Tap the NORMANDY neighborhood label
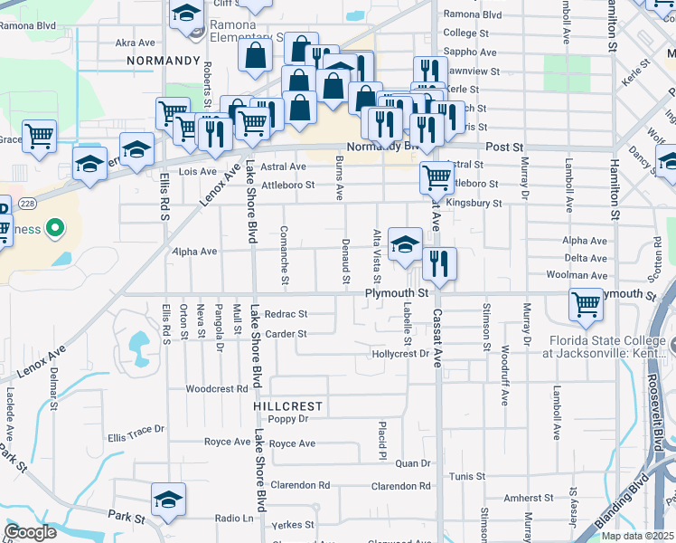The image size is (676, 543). click(x=163, y=60)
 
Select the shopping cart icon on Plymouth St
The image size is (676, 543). click(x=586, y=305)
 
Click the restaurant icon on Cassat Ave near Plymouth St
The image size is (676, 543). click(x=439, y=264)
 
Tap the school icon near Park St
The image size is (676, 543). click(x=168, y=500)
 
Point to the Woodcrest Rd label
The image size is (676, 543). click(x=217, y=389)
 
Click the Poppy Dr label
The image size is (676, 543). click(x=288, y=419)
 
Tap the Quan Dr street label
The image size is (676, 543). click(x=413, y=463)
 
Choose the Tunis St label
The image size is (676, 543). click(x=467, y=476)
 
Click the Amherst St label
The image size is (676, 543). click(x=529, y=498)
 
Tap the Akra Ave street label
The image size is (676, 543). click(x=136, y=43)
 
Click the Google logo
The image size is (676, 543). click(x=31, y=532)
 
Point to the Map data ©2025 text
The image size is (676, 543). click(x=637, y=536)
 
